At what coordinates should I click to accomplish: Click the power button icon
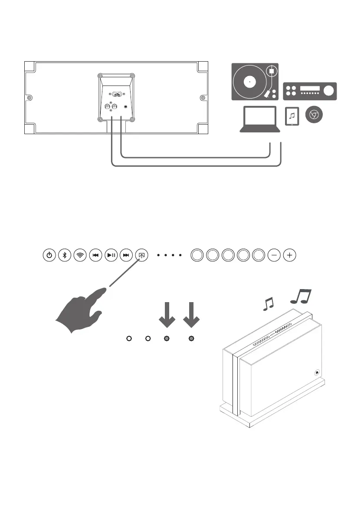pos(50,255)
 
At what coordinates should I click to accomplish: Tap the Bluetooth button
pos(65,255)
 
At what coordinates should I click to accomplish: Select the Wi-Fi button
pos(80,255)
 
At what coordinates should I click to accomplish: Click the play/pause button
pos(111,255)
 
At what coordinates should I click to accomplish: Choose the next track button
pos(126,255)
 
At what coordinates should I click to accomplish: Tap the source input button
pos(141,255)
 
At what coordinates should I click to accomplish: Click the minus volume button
pos(274,255)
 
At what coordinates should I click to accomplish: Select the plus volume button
pos(289,255)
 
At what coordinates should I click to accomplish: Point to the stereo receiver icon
pos(310,90)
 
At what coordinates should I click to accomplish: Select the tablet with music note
pos(292,116)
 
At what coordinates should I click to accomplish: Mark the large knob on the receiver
pos(329,90)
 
